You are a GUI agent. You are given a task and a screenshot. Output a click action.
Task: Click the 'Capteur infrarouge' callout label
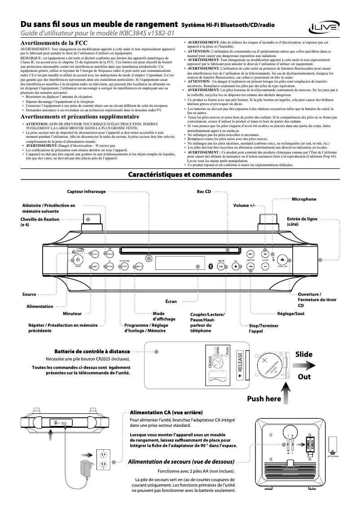pos(86,192)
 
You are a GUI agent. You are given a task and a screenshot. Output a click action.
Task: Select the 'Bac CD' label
pos(204,192)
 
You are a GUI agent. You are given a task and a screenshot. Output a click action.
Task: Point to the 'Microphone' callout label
pos(304,199)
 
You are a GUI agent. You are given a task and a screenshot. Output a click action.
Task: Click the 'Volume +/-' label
pos(244,206)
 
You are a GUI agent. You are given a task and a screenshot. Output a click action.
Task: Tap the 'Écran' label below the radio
pos(171,302)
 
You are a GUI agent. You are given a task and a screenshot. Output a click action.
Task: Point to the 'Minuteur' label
pos(72,313)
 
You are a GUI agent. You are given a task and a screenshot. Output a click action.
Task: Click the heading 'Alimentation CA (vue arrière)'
pos(166,412)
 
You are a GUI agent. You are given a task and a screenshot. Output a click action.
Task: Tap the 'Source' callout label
pos(29,294)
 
